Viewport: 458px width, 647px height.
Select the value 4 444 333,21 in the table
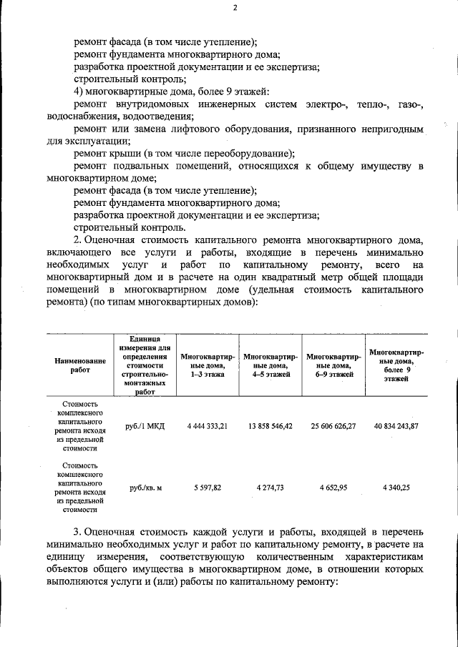pyautogui.click(x=206, y=425)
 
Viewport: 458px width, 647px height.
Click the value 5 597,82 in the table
pyautogui.click(x=207, y=487)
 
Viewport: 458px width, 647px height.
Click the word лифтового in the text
pyautogui.click(x=211, y=129)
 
